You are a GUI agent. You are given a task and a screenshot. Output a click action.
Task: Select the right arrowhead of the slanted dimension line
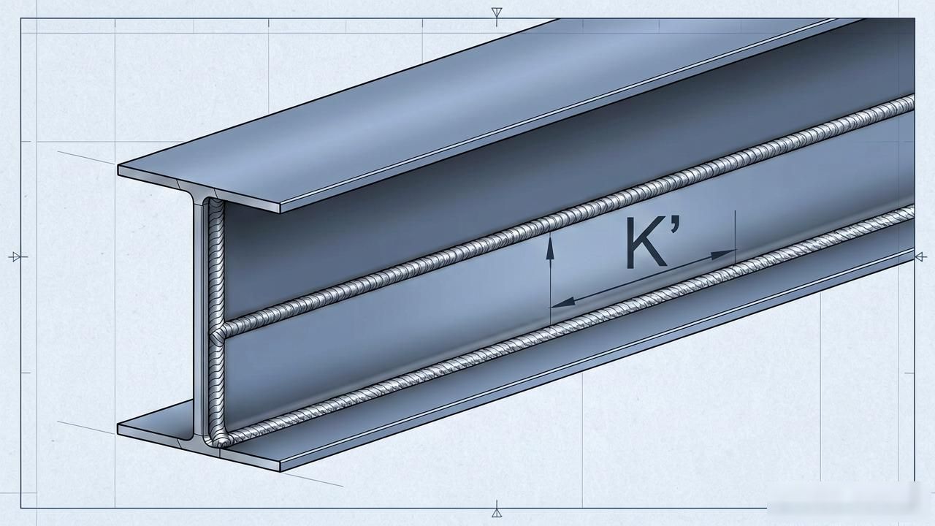coord(723,254)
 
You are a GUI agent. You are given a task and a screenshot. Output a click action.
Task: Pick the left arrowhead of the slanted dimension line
coord(563,302)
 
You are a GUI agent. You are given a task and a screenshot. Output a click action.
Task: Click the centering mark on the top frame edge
coord(496,15)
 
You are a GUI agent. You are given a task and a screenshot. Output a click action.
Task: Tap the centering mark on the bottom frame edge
coord(497,509)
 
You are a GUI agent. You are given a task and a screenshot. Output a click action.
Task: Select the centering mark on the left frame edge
coord(18,256)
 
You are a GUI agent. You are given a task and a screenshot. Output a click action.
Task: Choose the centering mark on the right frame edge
coord(920,256)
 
